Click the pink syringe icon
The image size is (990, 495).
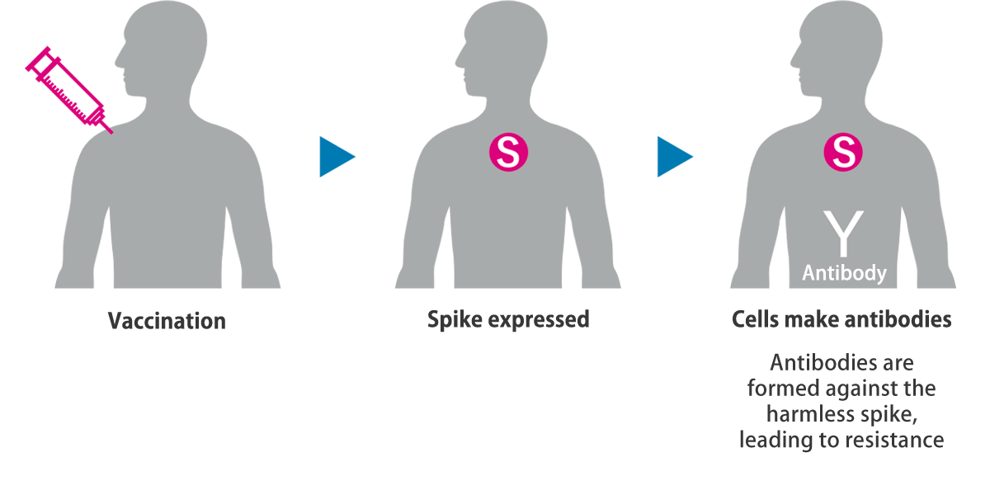69,90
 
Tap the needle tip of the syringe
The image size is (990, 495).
112,133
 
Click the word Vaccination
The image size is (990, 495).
167,321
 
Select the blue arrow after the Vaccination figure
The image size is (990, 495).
337,157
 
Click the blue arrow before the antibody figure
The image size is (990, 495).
675,157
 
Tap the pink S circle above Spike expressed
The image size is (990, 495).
508,152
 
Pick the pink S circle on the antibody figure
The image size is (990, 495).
843,152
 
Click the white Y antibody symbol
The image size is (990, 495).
844,233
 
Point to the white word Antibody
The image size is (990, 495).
844,273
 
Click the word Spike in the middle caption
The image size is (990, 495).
455,320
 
